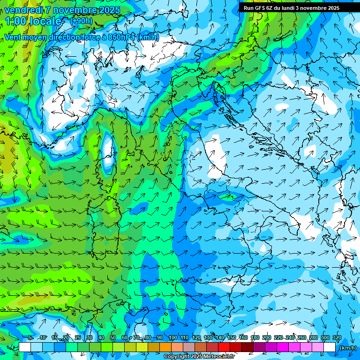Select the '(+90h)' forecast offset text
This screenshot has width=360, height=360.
(x=81, y=21)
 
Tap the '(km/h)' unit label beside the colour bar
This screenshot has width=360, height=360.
(x=347, y=348)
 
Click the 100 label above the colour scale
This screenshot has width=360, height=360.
(x=173, y=337)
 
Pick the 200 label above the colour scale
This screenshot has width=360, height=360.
(x=267, y=337)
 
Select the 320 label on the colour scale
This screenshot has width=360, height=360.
(x=337, y=337)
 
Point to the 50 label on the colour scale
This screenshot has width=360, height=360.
(x=113, y=337)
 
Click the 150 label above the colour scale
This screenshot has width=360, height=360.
(x=232, y=337)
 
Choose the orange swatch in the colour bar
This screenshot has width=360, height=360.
(x=165, y=347)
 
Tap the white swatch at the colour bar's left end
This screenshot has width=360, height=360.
(x=25, y=347)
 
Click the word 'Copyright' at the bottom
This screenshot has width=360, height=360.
(x=177, y=357)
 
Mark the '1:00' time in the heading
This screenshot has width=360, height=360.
(x=15, y=21)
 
